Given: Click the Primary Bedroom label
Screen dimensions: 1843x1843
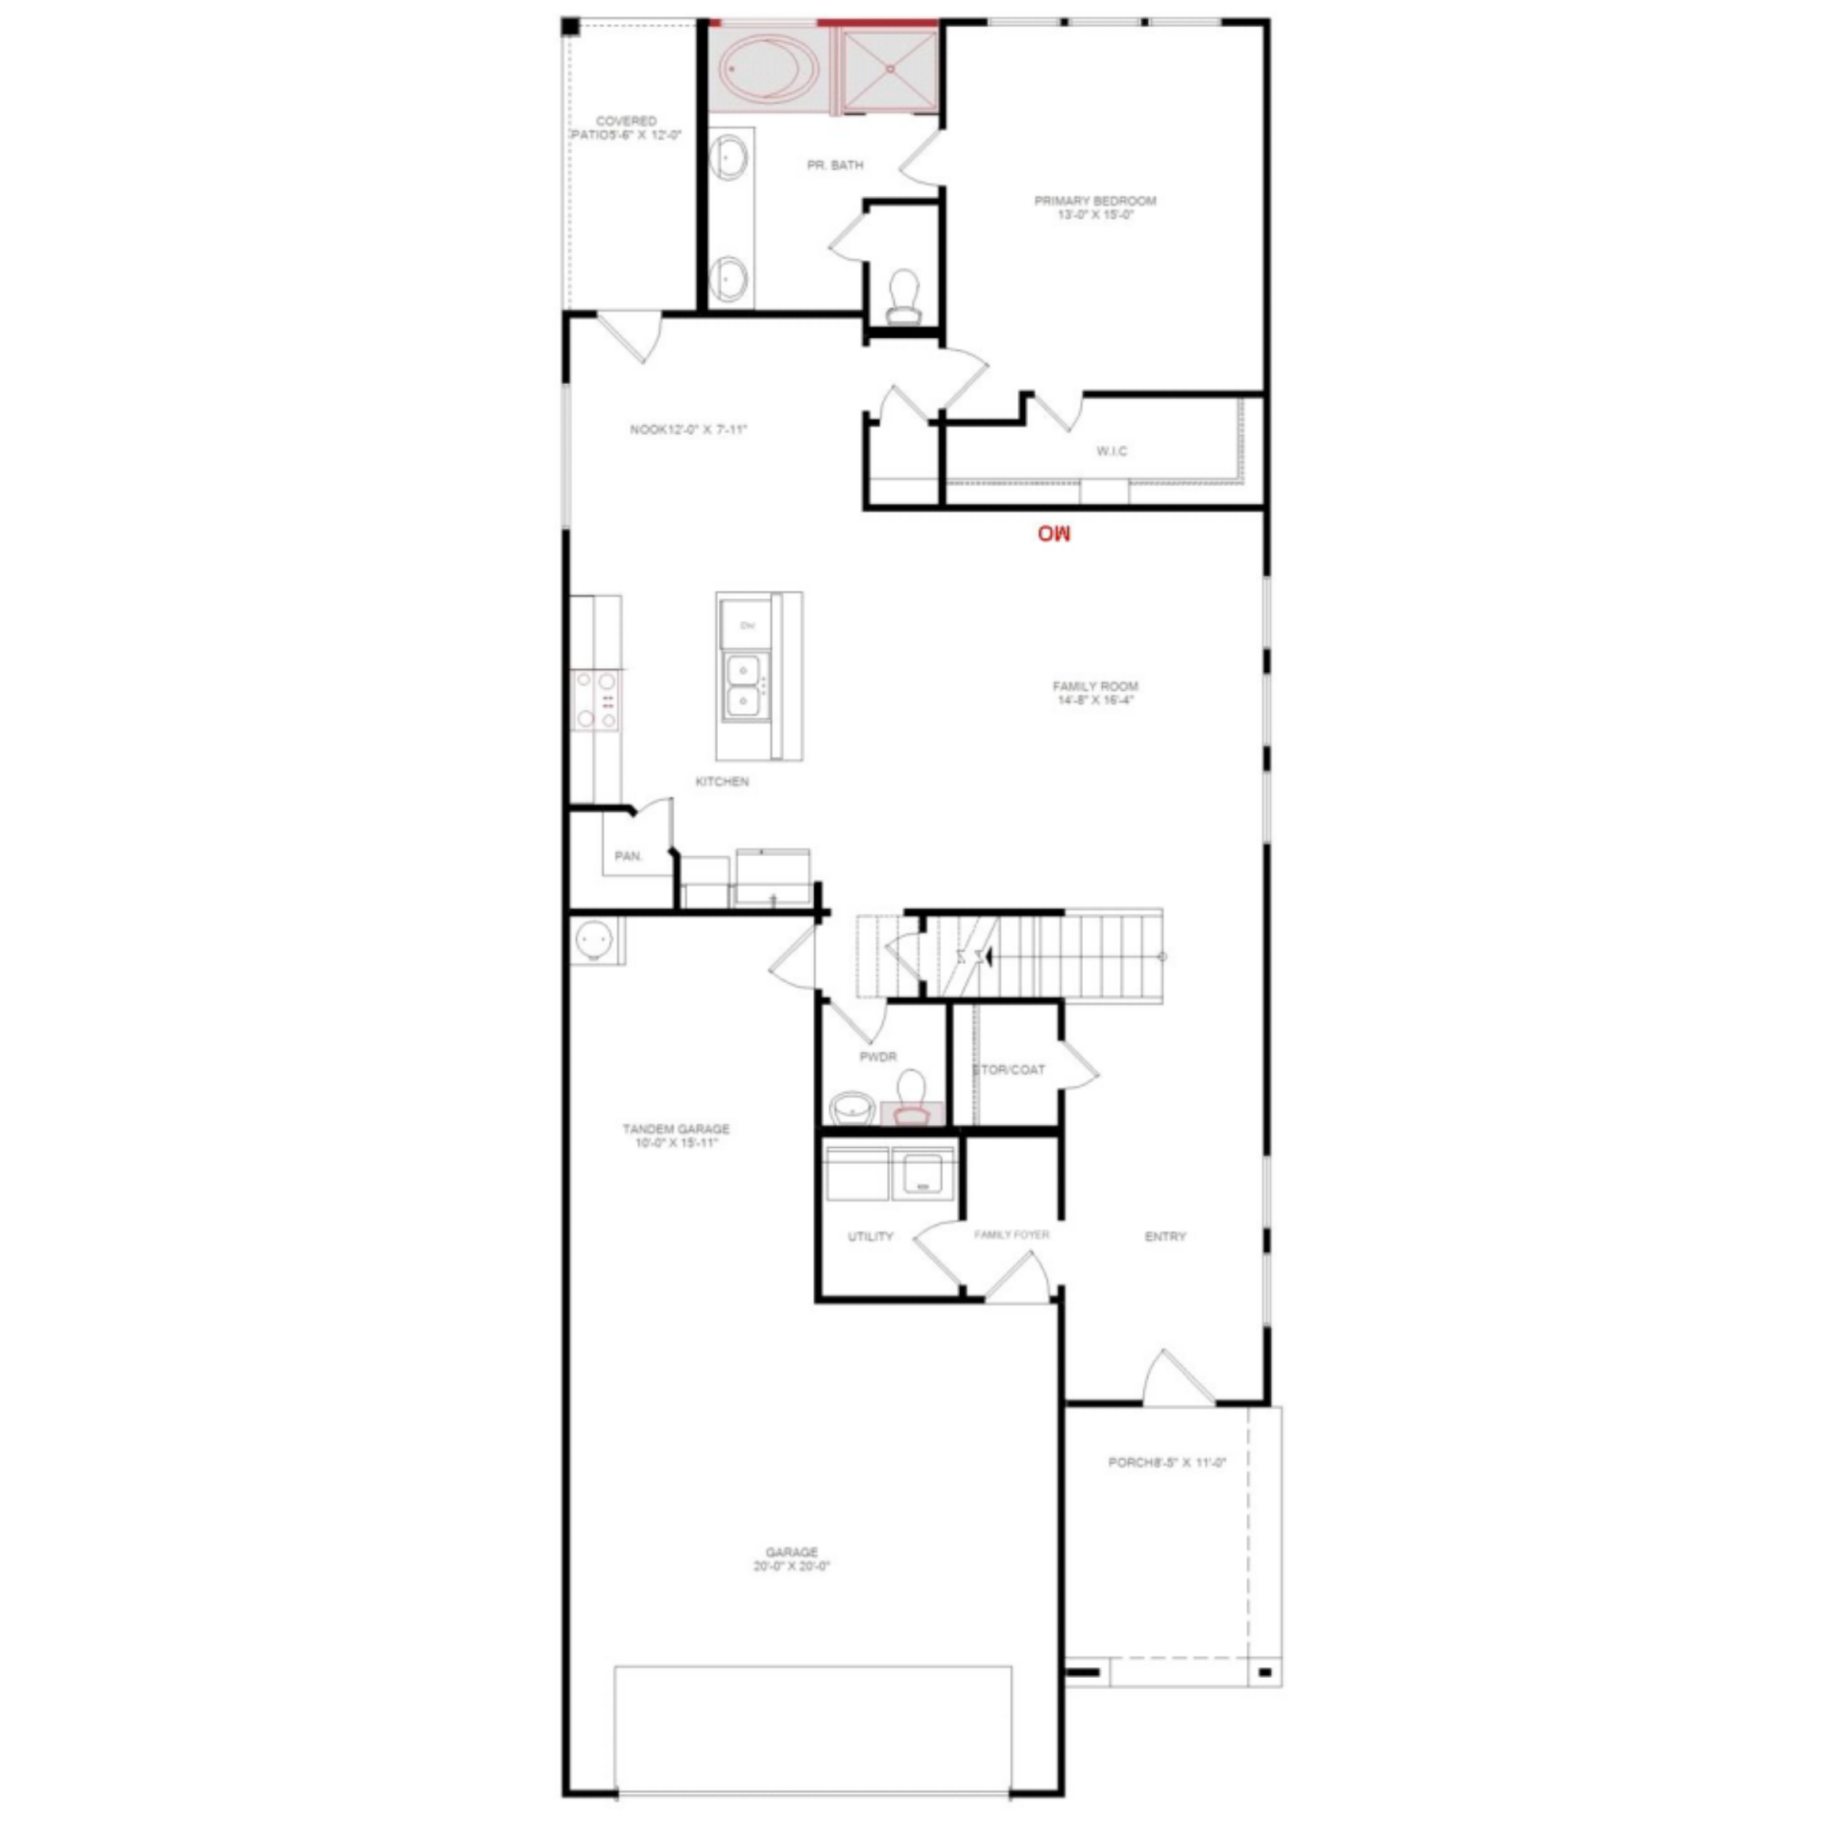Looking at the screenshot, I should [1094, 207].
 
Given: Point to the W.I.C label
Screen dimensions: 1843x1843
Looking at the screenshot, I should [1112, 450].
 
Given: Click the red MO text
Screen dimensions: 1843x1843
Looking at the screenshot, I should [1053, 533].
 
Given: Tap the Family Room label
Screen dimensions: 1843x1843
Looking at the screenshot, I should [1094, 692].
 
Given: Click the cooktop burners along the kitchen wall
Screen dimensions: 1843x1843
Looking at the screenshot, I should [595, 700].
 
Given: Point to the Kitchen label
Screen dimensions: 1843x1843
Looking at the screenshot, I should [722, 781].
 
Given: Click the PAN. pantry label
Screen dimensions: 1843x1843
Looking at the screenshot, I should [629, 855].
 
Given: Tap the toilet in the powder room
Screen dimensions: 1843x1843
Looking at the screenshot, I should [911, 1097].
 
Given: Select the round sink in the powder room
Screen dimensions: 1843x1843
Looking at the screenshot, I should [851, 1107].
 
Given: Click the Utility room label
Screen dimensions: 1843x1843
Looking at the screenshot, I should [871, 1236].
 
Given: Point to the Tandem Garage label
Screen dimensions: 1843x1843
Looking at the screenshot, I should [676, 1136].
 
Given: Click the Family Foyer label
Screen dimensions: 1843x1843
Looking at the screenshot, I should [1012, 1234].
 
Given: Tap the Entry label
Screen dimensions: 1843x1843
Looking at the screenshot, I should [1165, 1236].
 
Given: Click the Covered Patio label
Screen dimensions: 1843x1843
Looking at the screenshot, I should [626, 128].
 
